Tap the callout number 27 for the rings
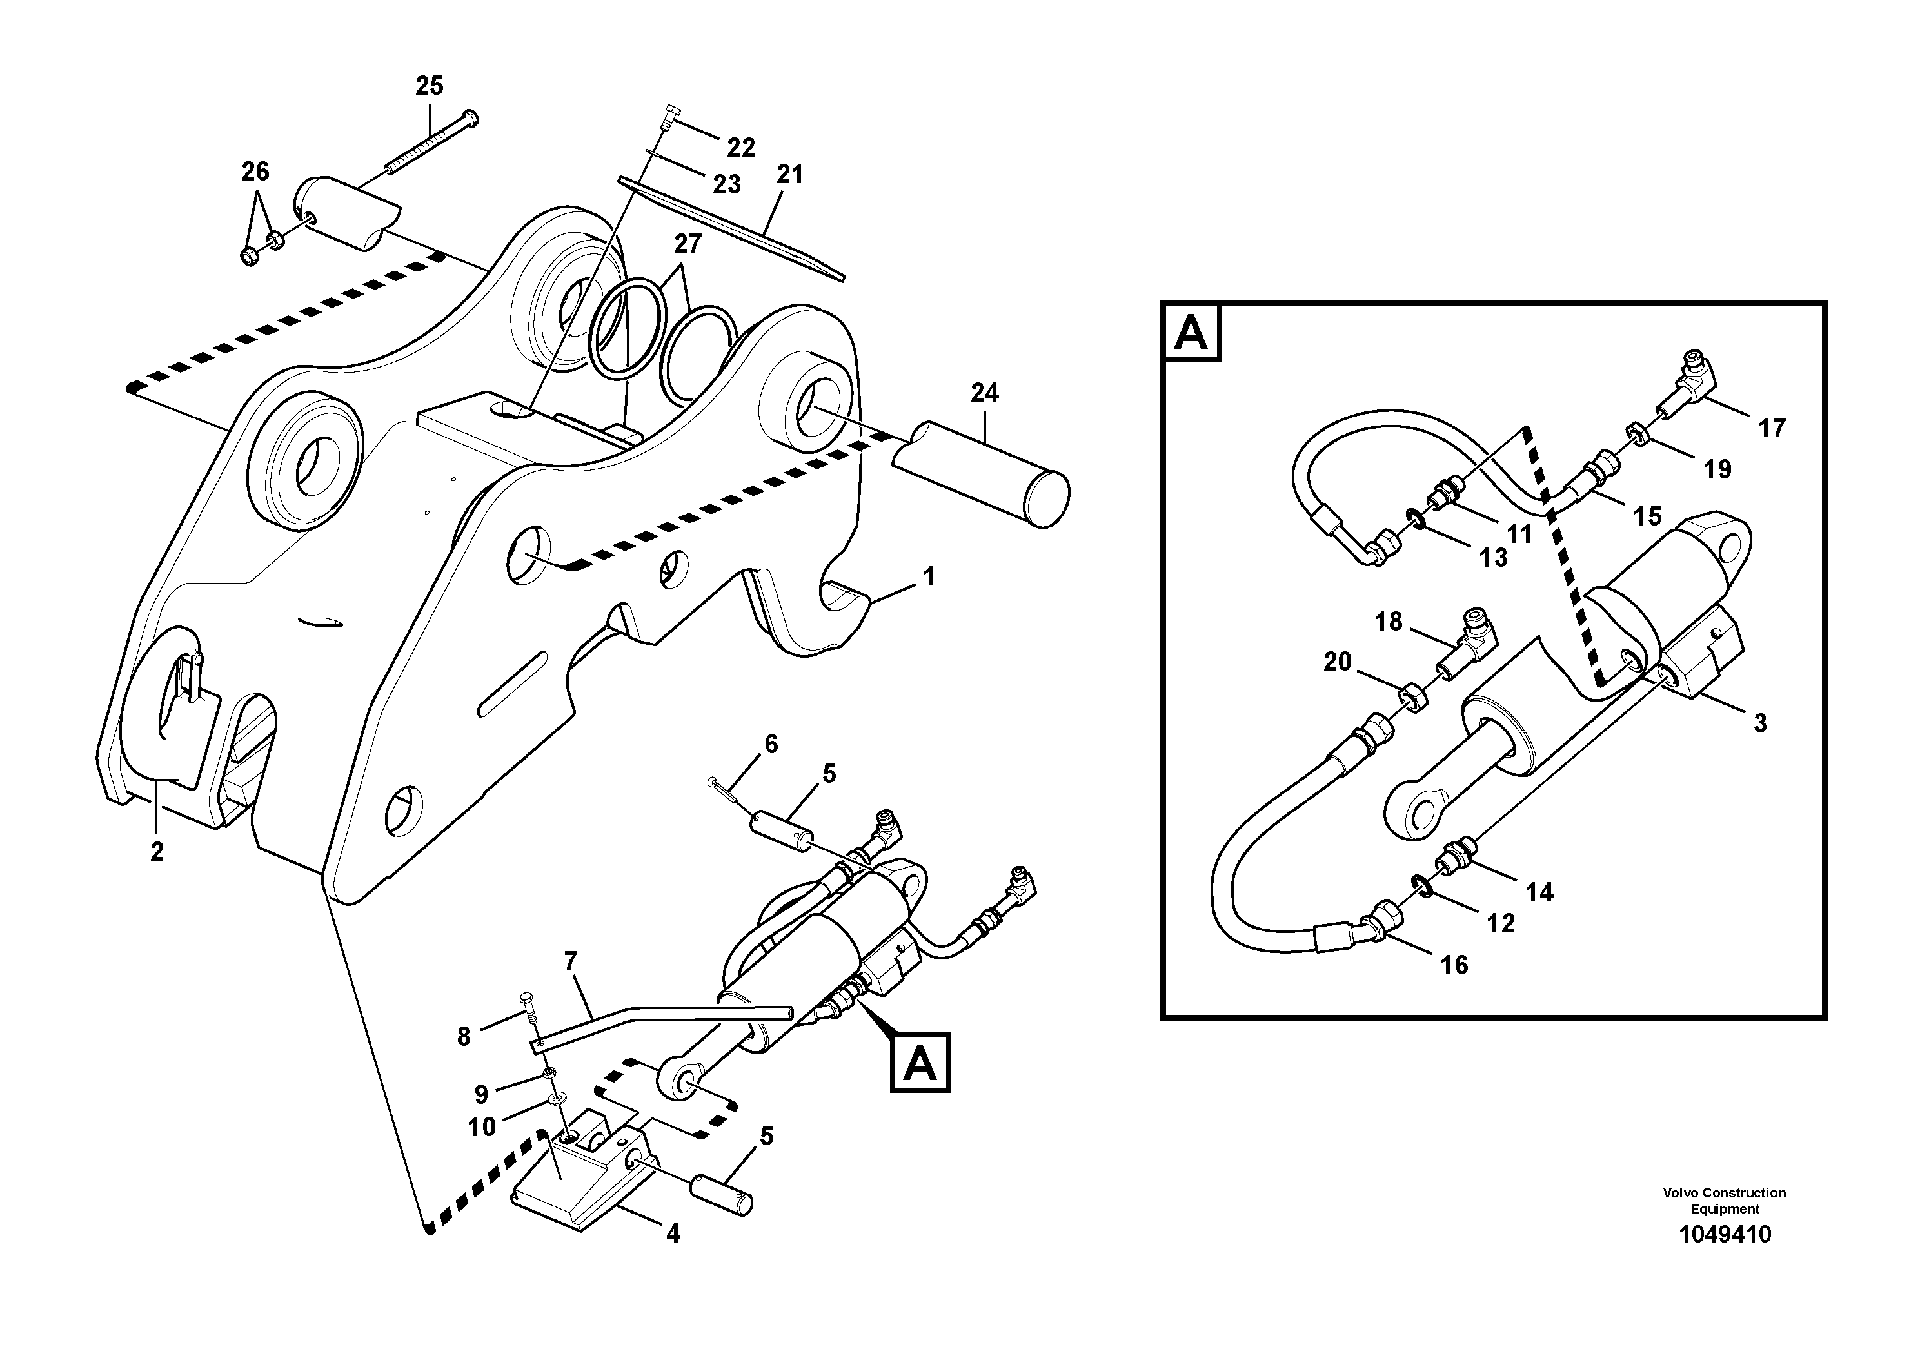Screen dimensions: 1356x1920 pyautogui.click(x=688, y=244)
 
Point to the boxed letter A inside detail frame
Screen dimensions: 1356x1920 pyautogui.click(x=1191, y=333)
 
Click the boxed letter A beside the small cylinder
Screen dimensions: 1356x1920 pyautogui.click(x=920, y=1063)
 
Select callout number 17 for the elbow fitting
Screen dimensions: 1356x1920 pyautogui.click(x=1771, y=428)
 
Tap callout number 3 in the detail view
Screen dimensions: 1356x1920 pyautogui.click(x=1759, y=723)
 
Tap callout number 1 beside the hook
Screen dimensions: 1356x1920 pyautogui.click(x=928, y=577)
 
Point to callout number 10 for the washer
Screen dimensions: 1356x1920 pyautogui.click(x=482, y=1127)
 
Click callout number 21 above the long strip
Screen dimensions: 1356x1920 pyautogui.click(x=789, y=174)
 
